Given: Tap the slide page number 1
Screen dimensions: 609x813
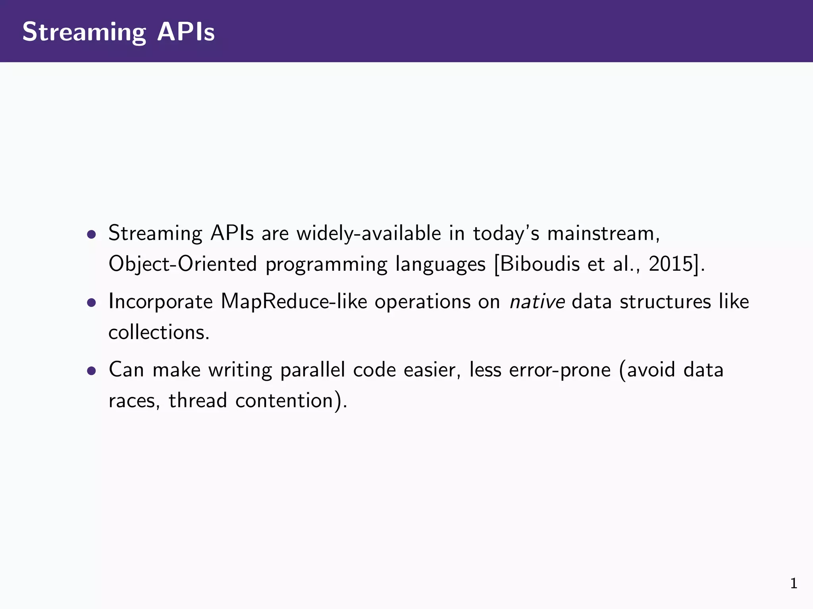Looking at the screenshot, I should pyautogui.click(x=794, y=583).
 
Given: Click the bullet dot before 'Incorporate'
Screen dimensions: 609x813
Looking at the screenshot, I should pyautogui.click(x=92, y=303).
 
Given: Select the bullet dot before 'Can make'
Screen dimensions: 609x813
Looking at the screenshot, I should pyautogui.click(x=92, y=371).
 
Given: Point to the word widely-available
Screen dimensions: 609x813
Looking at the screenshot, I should pyautogui.click(x=369, y=233).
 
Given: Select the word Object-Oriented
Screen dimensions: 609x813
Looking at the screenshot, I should pyautogui.click(x=183, y=264).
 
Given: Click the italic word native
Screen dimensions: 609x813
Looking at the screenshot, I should pyautogui.click(x=537, y=301).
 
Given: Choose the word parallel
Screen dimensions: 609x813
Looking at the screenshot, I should pyautogui.click(x=312, y=370).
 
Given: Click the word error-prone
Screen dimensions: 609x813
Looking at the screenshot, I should pyautogui.click(x=560, y=370).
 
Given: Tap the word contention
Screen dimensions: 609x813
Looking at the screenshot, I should pyautogui.click(x=284, y=400).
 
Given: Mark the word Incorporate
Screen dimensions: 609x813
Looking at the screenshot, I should pyautogui.click(x=161, y=301).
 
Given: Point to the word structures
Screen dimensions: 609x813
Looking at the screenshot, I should pyautogui.click(x=665, y=301).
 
